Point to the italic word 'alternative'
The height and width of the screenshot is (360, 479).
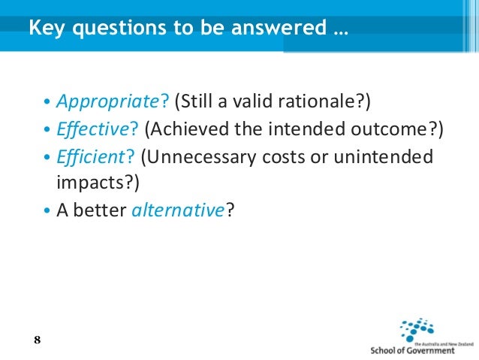click(x=178, y=211)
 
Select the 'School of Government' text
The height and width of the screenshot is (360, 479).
click(x=412, y=350)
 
